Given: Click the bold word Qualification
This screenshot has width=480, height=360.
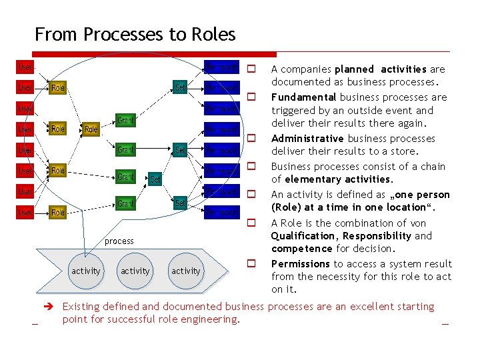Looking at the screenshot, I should [302, 236].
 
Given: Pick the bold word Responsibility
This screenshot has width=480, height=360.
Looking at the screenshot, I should [378, 236].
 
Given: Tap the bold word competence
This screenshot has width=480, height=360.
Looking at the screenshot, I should [301, 249].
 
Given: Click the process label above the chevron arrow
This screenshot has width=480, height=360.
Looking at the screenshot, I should [119, 241].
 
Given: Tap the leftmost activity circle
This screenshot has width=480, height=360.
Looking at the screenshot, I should [86, 271].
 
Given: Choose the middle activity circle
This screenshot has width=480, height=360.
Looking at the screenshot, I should [135, 271].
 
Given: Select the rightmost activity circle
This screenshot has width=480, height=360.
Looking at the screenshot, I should [185, 271].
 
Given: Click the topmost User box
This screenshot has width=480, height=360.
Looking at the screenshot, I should [25, 67].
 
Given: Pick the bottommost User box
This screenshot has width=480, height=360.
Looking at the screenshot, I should [25, 212].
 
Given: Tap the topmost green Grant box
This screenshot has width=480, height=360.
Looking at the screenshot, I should [126, 121].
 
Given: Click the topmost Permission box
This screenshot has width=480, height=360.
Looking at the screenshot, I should [221, 67].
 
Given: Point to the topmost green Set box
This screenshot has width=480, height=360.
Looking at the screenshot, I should [180, 87].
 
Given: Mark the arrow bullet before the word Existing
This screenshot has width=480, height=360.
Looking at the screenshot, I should [48, 307].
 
